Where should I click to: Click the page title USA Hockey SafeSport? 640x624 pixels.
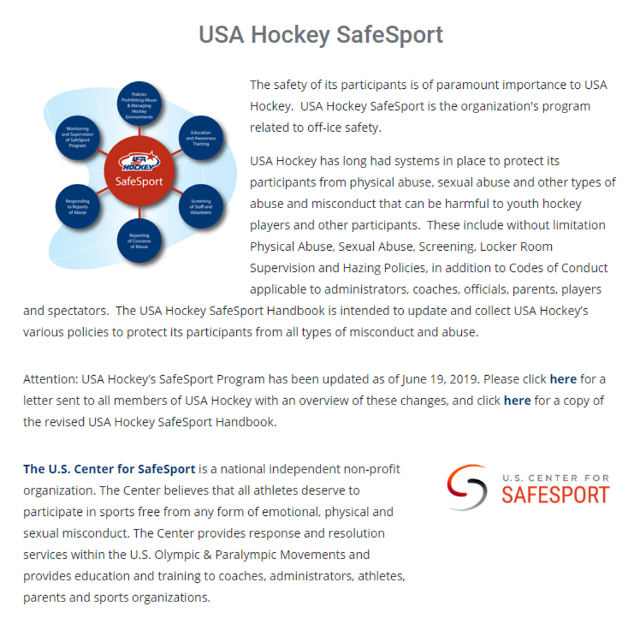[321, 34]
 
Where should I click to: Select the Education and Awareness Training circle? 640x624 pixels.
[201, 137]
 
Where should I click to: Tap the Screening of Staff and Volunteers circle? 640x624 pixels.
[201, 206]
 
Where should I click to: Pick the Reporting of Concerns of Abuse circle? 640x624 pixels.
[139, 241]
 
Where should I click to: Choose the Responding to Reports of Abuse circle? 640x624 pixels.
[77, 206]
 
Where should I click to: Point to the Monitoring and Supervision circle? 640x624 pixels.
[77, 137]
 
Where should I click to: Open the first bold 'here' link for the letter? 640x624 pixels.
[563, 379]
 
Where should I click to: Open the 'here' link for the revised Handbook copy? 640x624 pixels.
[517, 400]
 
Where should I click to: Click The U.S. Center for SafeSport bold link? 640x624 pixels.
[109, 469]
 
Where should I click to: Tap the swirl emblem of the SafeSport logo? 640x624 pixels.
[467, 488]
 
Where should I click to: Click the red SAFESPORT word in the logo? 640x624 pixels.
[555, 495]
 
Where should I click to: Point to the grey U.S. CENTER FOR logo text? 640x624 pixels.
[555, 478]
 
